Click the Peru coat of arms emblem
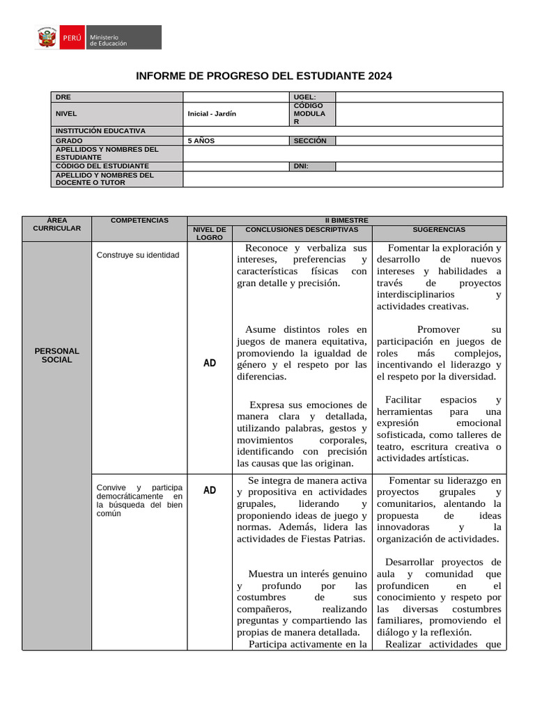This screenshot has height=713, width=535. pyautogui.click(x=47, y=38)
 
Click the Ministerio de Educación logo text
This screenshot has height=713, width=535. pyautogui.click(x=108, y=40)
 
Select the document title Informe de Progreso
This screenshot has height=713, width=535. pyautogui.click(x=263, y=76)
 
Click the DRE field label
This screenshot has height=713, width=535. pyautogui.click(x=63, y=97)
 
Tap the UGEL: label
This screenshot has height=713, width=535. pyautogui.click(x=305, y=97)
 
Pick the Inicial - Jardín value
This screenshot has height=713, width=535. pyautogui.click(x=212, y=113)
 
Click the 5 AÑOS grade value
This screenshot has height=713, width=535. pyautogui.click(x=201, y=141)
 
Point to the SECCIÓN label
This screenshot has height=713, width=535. pyautogui.click(x=310, y=141)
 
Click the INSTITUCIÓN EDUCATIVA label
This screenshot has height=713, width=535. pyautogui.click(x=100, y=131)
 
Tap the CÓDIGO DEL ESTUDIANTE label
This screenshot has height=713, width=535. pyautogui.click(x=102, y=166)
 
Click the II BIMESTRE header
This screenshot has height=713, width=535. pyautogui.click(x=346, y=220)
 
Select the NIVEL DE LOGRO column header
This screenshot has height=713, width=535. pyautogui.click(x=210, y=233)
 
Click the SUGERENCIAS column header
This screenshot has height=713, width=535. pyautogui.click(x=439, y=229)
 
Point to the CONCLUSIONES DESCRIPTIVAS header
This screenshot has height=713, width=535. pyautogui.click(x=302, y=229)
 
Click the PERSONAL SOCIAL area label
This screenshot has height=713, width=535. pyautogui.click(x=57, y=355)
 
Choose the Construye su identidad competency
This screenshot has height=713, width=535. pyautogui.click(x=138, y=255)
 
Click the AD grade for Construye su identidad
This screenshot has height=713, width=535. pyautogui.click(x=210, y=363)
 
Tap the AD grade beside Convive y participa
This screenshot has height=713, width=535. pyautogui.click(x=210, y=490)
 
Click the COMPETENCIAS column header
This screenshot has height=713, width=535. pyautogui.click(x=139, y=220)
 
